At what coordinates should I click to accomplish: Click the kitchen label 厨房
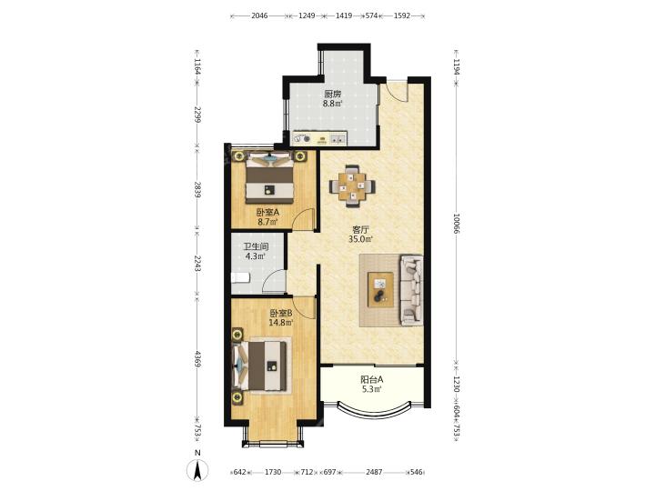[x=333, y=94]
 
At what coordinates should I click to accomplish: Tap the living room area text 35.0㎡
[x=360, y=239]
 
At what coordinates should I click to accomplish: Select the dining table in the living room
[x=352, y=186]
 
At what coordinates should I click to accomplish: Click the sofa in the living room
[x=411, y=290]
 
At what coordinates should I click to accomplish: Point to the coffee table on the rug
[x=380, y=289]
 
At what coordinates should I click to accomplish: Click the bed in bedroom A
[x=269, y=178]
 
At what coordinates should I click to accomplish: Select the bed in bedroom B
[x=260, y=366]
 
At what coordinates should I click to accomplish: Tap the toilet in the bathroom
[x=240, y=277]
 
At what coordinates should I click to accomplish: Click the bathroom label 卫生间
[x=256, y=246]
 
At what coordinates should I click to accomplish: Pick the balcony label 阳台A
[x=372, y=380]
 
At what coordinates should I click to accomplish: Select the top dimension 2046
[x=259, y=15]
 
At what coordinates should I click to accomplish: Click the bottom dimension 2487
[x=374, y=472]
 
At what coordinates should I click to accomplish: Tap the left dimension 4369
[x=197, y=359]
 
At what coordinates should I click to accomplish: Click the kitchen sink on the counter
[x=338, y=138]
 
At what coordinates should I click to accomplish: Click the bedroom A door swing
[x=303, y=219]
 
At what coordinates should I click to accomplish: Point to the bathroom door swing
[x=274, y=282]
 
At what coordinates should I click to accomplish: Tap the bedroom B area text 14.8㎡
[x=281, y=322]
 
